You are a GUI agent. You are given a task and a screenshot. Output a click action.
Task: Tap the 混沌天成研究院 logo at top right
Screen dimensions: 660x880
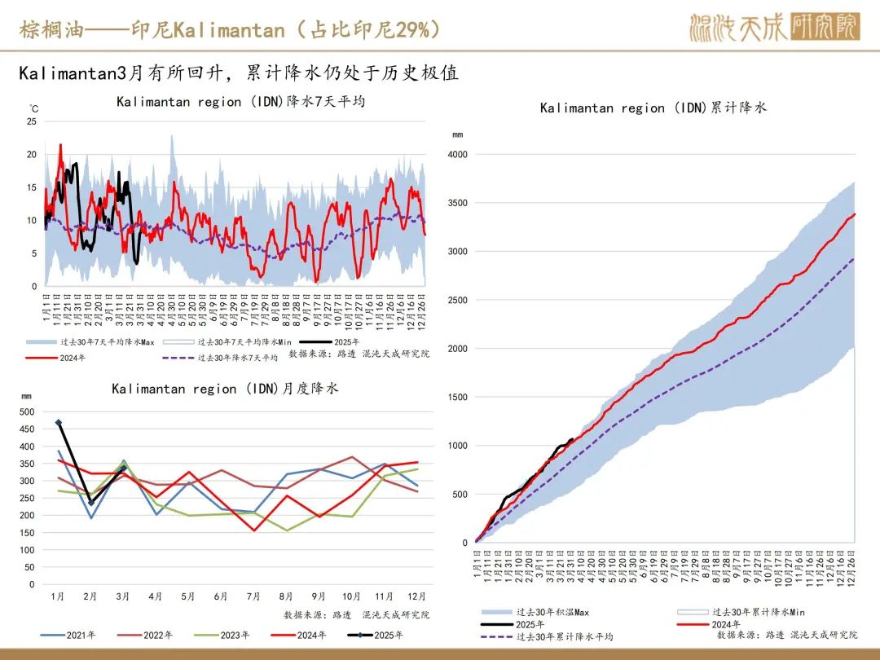point(773,29)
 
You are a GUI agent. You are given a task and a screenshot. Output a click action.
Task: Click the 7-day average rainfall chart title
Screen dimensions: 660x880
point(240,102)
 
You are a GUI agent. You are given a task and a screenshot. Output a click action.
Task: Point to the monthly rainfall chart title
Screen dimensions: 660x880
point(225,389)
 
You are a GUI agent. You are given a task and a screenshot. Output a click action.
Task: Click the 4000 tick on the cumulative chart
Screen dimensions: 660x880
point(458,155)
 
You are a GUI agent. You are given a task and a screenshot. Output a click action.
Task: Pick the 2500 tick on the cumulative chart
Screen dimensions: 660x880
point(458,301)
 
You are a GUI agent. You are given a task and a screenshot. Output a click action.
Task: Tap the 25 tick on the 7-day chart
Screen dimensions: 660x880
point(32,121)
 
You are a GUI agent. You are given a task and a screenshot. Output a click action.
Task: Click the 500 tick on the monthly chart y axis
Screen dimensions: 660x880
point(28,412)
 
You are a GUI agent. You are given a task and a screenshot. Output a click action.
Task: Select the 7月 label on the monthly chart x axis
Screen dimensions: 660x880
point(253,596)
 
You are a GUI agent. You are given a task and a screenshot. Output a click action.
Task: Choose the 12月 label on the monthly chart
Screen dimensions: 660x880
point(416,596)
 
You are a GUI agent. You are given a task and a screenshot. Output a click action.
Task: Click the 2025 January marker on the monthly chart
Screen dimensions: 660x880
point(58,423)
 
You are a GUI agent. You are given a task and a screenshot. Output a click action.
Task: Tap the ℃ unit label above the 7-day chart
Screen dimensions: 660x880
point(34,108)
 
